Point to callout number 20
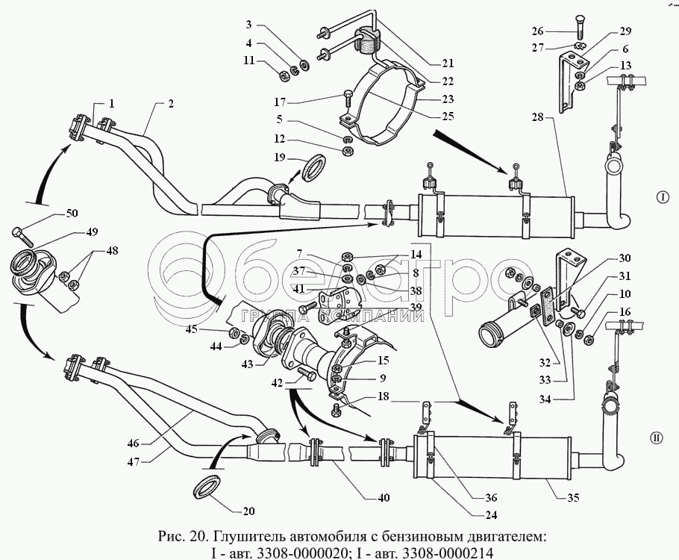248,512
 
